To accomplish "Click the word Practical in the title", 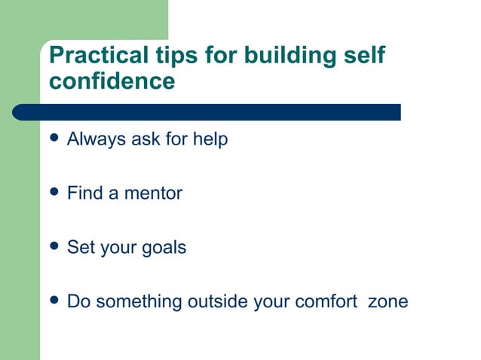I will (97, 56).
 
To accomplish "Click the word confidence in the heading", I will (112, 81).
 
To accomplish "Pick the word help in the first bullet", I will (210, 139).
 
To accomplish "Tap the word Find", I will (84, 193).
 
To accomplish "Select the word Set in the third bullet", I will (80, 247).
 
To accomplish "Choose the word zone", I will (388, 302).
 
